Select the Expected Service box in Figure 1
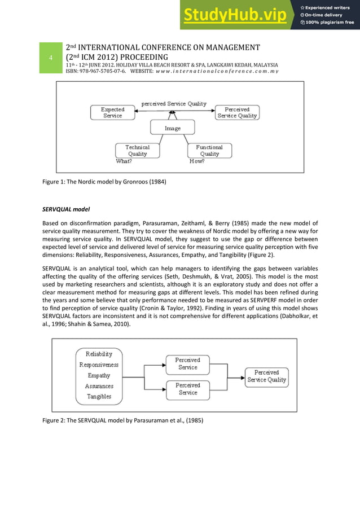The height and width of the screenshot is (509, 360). point(112,112)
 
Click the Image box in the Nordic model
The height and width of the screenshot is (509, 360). point(173,128)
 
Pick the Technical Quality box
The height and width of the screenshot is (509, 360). point(137,150)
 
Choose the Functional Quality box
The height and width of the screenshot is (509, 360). point(209,150)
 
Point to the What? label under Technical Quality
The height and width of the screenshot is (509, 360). point(124,161)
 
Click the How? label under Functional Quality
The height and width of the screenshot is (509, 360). point(197,161)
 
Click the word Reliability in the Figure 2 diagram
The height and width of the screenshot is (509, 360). point(99,354)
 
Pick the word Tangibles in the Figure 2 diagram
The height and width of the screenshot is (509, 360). point(99,396)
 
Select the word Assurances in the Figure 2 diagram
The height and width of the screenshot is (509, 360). point(99,386)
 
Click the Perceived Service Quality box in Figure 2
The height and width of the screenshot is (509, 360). point(266,376)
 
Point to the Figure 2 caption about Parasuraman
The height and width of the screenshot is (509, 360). point(122,420)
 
